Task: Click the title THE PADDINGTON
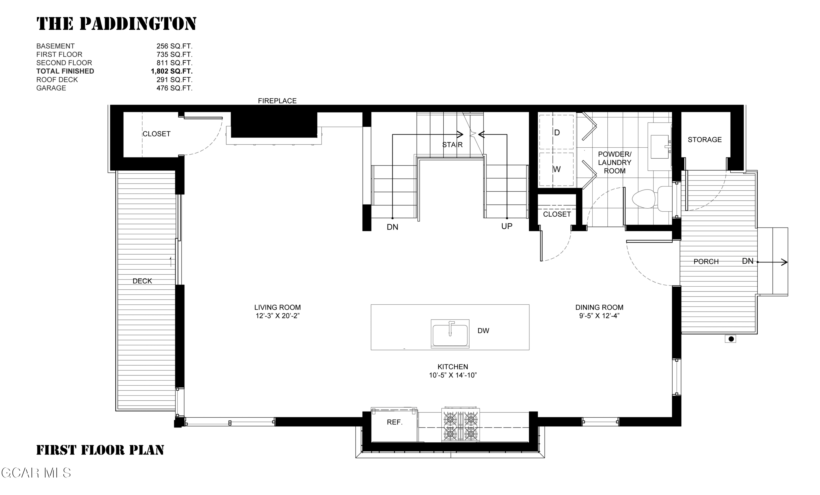tap(116, 24)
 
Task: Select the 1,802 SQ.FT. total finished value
tap(172, 71)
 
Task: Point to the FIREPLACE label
tap(277, 101)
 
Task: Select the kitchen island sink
tap(450, 334)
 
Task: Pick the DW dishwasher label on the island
tap(483, 331)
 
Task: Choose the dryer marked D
tap(557, 132)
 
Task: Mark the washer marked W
tap(557, 169)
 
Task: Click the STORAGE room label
tap(705, 140)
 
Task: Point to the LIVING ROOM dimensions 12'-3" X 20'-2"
tap(277, 316)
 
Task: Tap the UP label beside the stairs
tap(507, 226)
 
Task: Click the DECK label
tap(142, 281)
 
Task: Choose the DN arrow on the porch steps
tap(773, 262)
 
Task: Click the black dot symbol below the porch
tap(731, 339)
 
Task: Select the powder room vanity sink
tap(660, 147)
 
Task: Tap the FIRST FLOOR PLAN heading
tap(100, 450)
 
